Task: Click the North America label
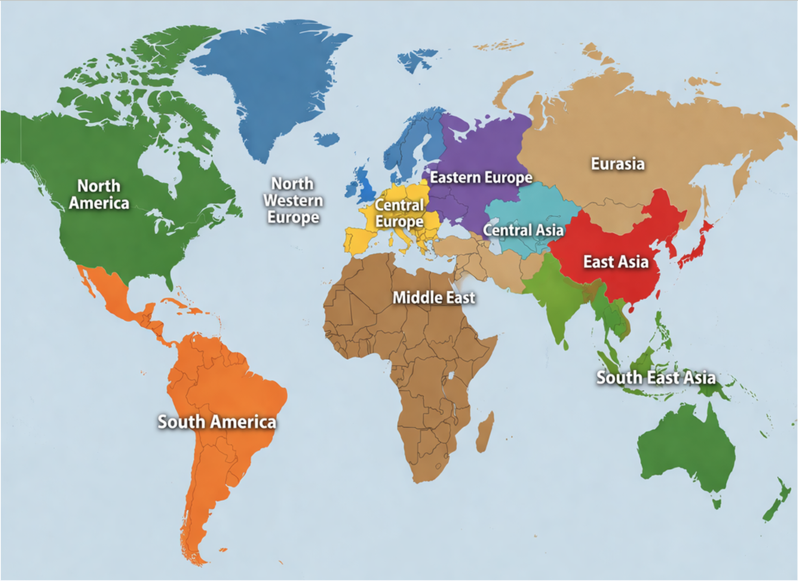pos(99,194)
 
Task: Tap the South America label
pos(217,422)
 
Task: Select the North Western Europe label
pos(293,200)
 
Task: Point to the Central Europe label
pos(399,213)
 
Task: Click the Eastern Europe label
pos(481,177)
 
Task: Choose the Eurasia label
pos(617,164)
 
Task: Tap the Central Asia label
pos(523,230)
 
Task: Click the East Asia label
pos(615,262)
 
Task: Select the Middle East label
pos(434,298)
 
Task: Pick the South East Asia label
pos(656,377)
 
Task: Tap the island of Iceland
pos(327,139)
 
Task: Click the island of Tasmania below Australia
pos(717,503)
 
